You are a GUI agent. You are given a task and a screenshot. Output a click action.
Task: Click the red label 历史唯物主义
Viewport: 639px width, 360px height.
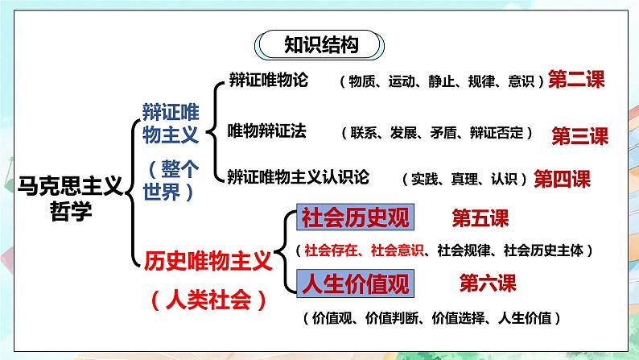coord(207,261)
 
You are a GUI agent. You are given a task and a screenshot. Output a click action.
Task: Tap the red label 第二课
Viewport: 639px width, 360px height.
coord(575,79)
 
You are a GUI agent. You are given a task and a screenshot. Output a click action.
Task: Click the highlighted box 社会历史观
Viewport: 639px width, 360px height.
coord(355,217)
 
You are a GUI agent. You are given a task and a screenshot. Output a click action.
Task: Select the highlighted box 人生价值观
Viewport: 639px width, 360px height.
coord(355,283)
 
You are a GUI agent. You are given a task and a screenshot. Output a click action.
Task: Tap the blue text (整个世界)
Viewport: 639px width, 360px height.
coord(172,182)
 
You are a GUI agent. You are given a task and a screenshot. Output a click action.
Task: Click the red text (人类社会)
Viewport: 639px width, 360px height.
coord(208,300)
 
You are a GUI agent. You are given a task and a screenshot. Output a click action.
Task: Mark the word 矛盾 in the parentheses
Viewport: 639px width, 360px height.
coord(435,132)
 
